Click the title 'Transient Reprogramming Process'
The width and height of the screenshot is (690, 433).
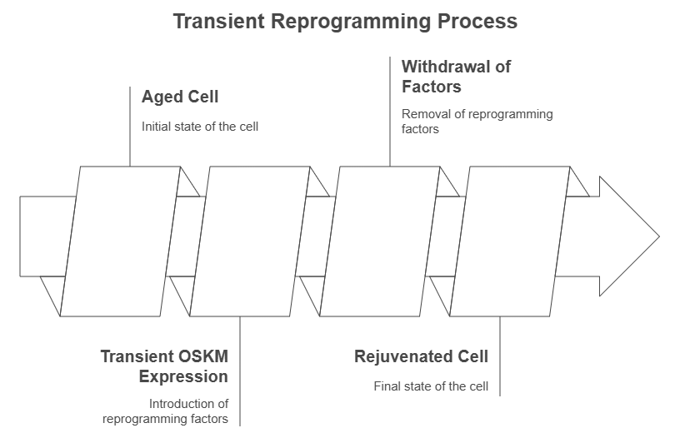[344, 21]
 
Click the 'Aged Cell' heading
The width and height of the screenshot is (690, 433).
[180, 97]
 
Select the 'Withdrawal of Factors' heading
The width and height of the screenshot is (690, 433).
[455, 76]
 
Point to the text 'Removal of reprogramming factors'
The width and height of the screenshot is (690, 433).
[477, 122]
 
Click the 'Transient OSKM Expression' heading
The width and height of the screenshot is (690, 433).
[164, 366]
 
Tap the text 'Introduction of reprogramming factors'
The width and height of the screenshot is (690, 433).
[166, 411]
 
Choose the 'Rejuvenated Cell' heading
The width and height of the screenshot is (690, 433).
[421, 357]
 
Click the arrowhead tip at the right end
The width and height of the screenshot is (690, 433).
[657, 236]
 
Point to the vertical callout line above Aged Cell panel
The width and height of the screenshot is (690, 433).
[131, 125]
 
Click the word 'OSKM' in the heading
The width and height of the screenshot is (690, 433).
[202, 357]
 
